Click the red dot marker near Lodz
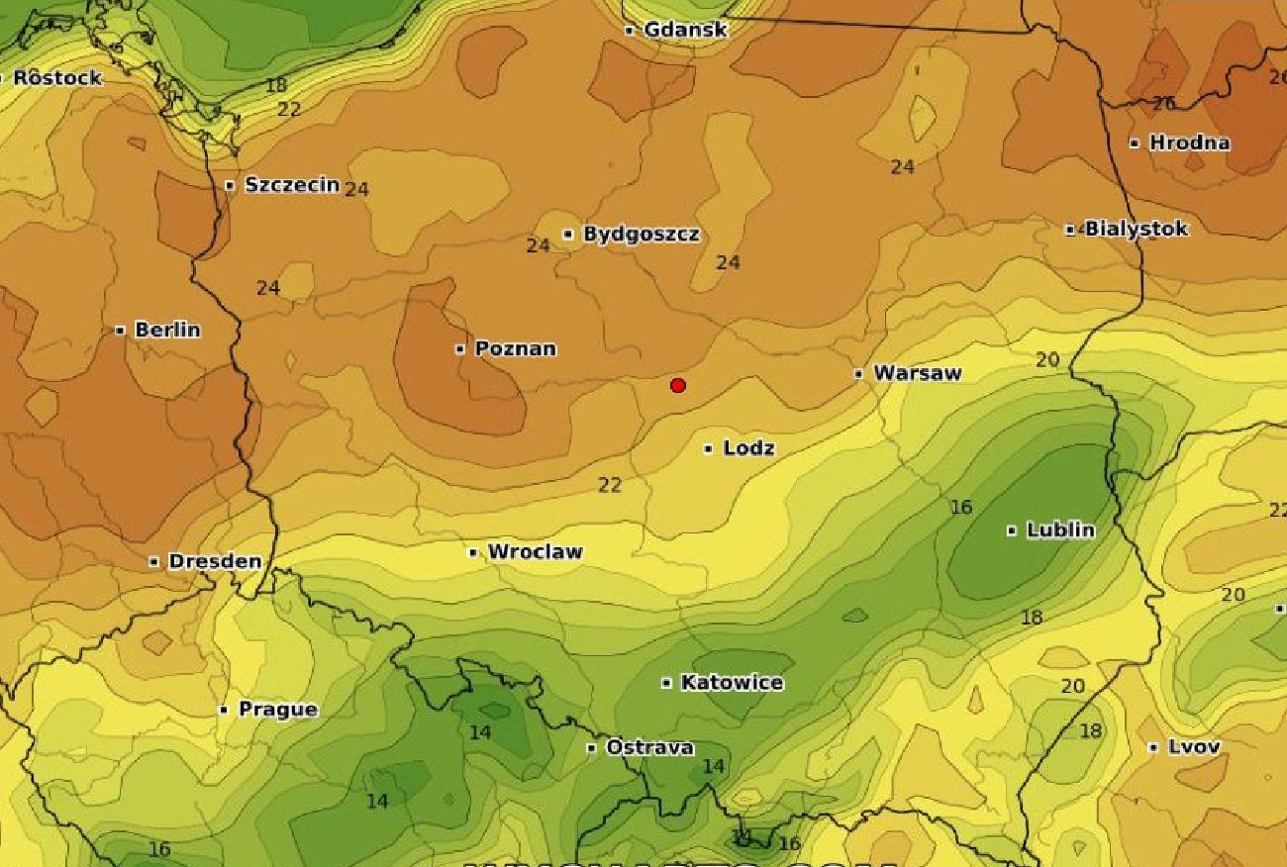(678, 385)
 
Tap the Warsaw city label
(917, 373)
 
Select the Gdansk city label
(685, 30)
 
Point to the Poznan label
(515, 348)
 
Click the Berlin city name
(166, 330)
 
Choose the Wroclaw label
(535, 551)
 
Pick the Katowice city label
(732, 682)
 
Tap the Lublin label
(1060, 530)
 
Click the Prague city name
(277, 709)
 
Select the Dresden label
(215, 561)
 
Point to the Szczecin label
(292, 184)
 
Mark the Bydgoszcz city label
(642, 234)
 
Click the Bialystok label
(1136, 229)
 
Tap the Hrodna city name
(1189, 143)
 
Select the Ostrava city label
(649, 747)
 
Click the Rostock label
(57, 77)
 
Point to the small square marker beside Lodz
(709, 448)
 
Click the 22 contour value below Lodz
(610, 485)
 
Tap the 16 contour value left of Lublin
(961, 508)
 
